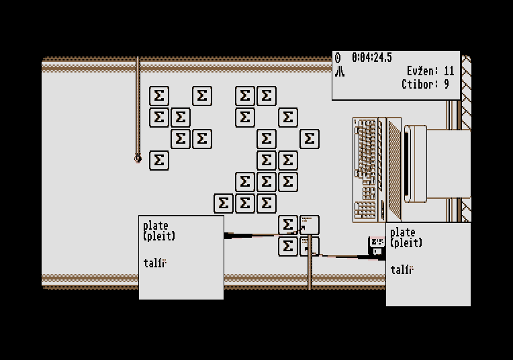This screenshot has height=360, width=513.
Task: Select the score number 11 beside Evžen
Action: [x=449, y=71]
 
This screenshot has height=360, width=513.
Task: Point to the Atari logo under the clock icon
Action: [x=340, y=71]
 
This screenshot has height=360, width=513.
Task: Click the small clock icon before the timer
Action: [x=338, y=58]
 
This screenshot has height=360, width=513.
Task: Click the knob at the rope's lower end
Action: [x=138, y=159]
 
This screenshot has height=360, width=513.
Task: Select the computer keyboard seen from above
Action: [x=368, y=169]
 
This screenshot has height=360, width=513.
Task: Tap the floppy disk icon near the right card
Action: [x=377, y=246]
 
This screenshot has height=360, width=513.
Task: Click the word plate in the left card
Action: [x=156, y=226]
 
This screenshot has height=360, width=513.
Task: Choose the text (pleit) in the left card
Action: [x=158, y=236]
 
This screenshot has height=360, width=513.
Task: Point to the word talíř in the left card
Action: [x=154, y=263]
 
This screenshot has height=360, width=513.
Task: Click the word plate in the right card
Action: [x=403, y=232]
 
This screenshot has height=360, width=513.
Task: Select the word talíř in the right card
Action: [x=402, y=270]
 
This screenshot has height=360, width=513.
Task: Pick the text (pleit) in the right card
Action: [x=406, y=243]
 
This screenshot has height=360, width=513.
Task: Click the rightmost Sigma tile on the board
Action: [x=309, y=139]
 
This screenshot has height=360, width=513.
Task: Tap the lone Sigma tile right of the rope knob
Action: [x=158, y=161]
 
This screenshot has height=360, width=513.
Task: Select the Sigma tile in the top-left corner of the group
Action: [x=158, y=96]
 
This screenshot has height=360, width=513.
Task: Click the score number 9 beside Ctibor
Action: [x=446, y=85]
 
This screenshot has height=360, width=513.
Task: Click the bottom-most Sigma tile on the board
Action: [x=287, y=246]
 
